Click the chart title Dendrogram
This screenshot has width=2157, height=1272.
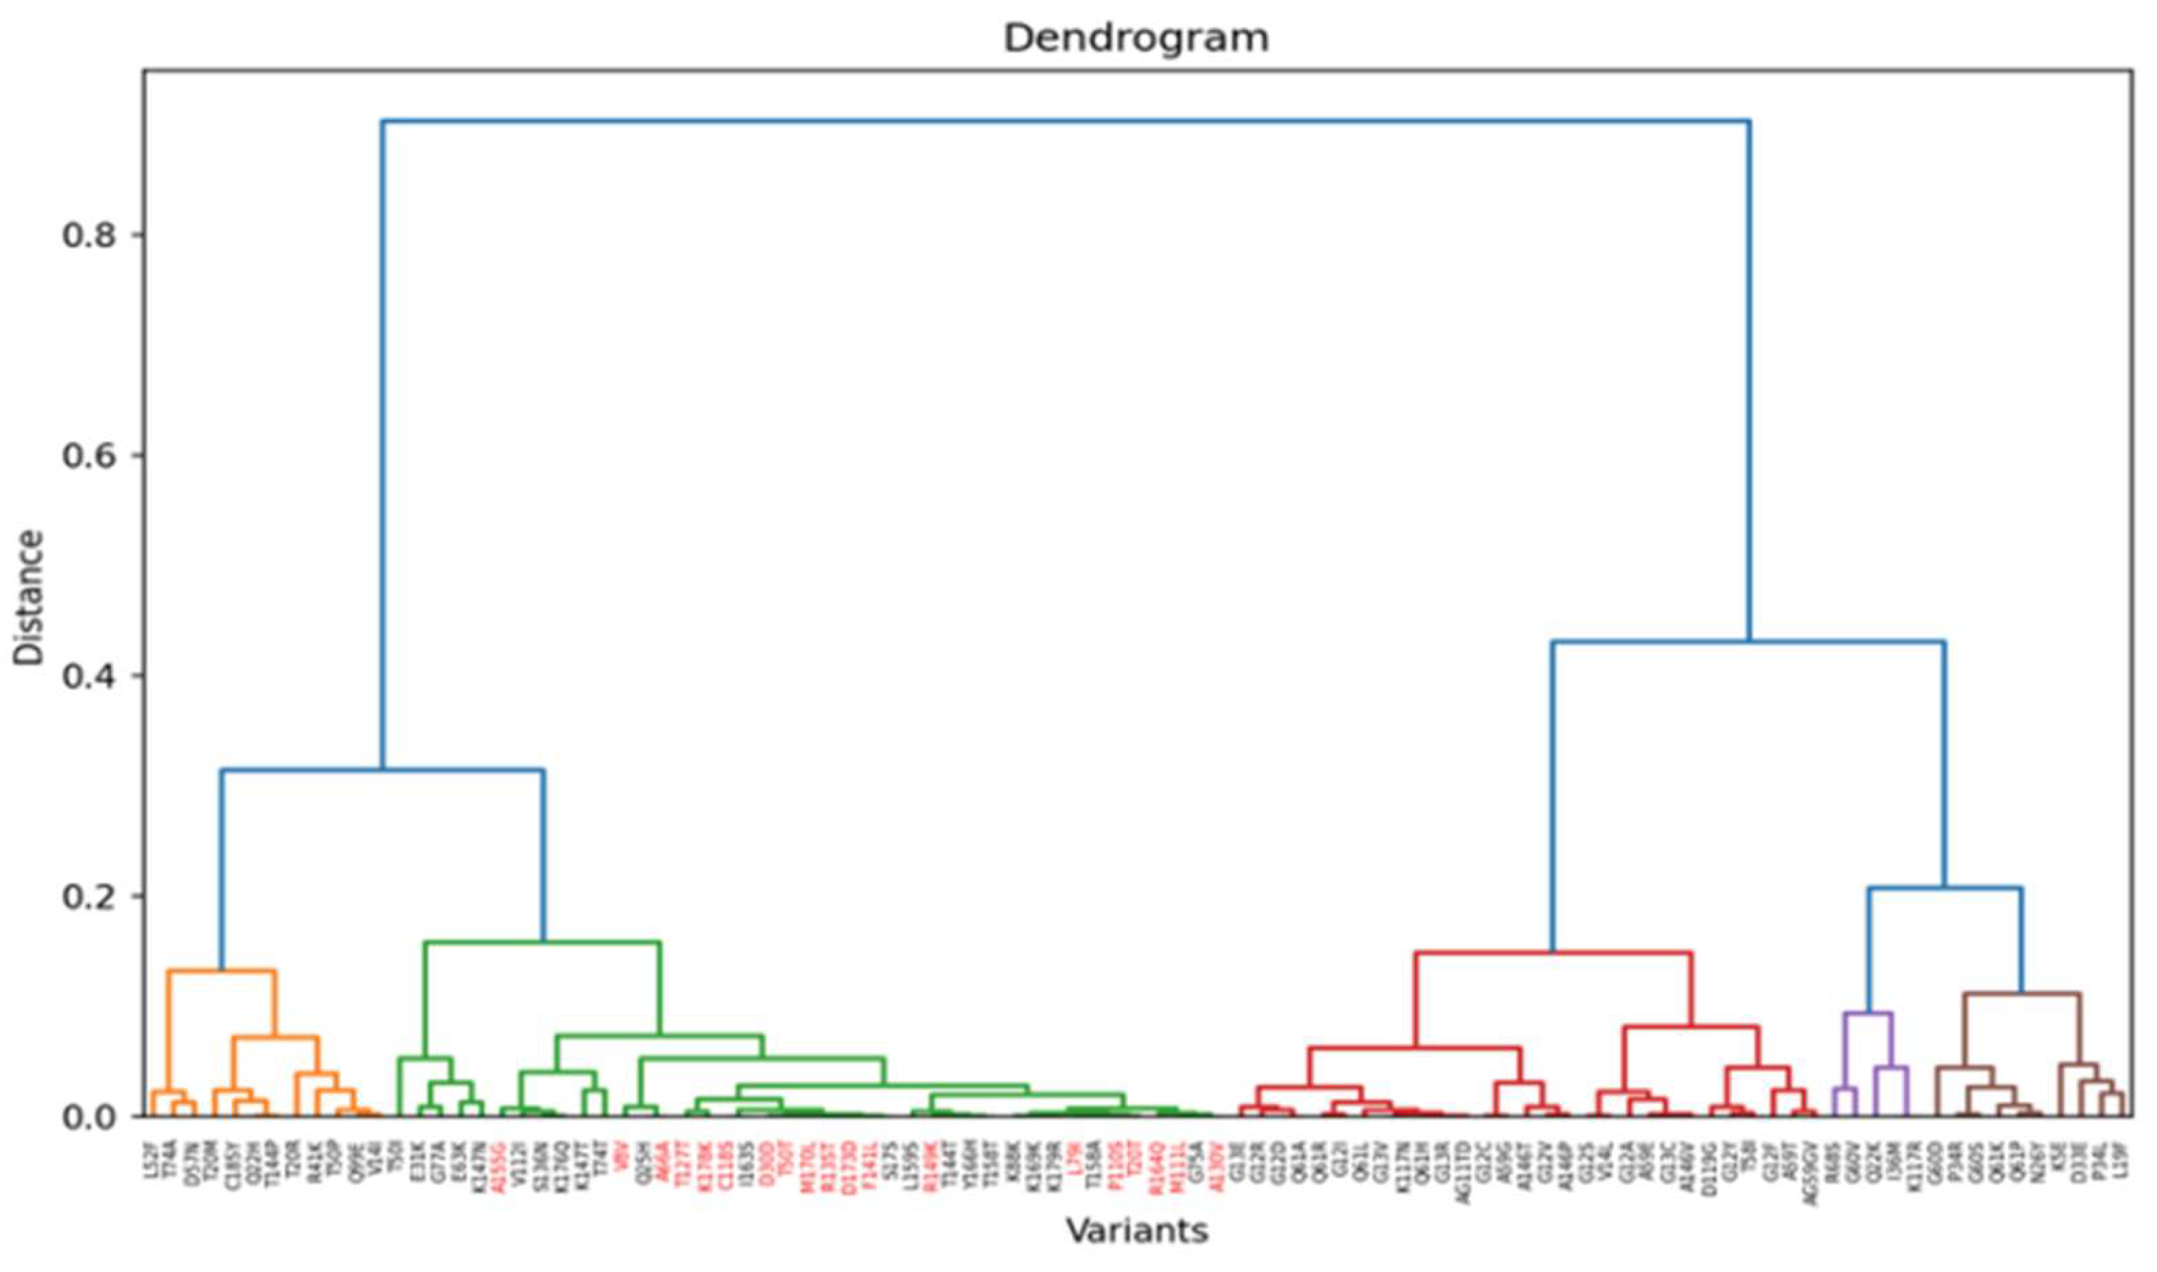point(1137,39)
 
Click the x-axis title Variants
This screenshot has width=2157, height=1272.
point(1137,1231)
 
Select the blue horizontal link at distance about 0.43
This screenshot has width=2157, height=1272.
point(1749,642)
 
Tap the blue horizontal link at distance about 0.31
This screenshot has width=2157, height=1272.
point(382,770)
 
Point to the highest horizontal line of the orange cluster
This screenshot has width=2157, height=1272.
point(221,970)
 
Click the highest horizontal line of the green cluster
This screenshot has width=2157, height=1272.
point(542,942)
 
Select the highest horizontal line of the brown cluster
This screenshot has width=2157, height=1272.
point(2022,994)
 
